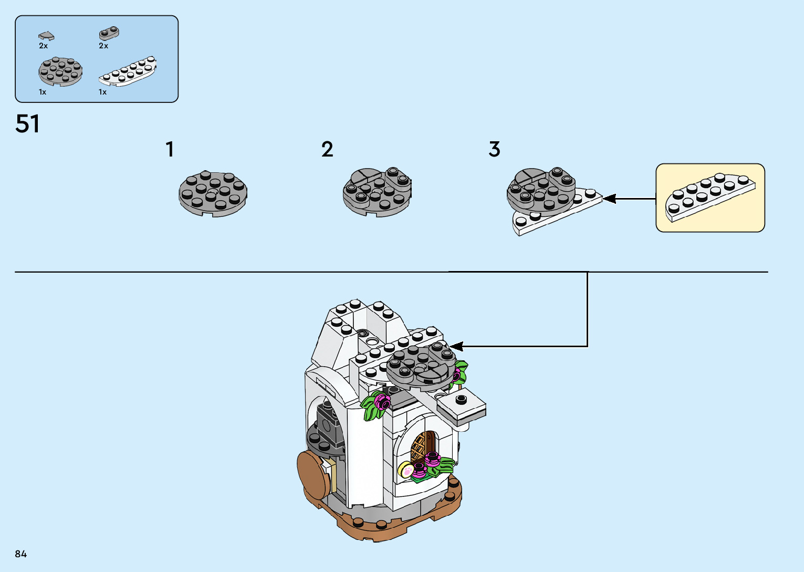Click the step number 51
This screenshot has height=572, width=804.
click(x=27, y=124)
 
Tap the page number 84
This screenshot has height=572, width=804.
click(x=21, y=554)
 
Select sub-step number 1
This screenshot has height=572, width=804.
click(x=170, y=149)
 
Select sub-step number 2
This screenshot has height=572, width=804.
click(x=327, y=149)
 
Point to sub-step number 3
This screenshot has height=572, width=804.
click(x=494, y=149)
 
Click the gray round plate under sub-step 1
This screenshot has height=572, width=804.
click(x=213, y=194)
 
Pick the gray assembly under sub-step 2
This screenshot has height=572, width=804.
click(x=377, y=192)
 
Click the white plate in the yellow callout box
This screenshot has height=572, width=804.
click(x=710, y=196)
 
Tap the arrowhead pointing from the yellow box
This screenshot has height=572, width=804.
click(x=609, y=199)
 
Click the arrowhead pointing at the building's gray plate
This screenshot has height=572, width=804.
click(x=456, y=346)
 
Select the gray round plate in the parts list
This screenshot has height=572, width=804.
click(x=60, y=72)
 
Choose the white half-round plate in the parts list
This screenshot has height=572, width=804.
click(x=128, y=71)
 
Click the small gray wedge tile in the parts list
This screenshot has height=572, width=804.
click(x=46, y=36)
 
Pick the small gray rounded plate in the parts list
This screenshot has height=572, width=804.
click(x=109, y=34)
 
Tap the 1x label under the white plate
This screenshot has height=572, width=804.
click(x=102, y=92)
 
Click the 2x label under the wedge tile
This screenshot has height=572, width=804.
click(x=43, y=46)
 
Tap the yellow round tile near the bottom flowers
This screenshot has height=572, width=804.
click(x=405, y=469)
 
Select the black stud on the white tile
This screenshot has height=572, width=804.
click(x=461, y=400)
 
